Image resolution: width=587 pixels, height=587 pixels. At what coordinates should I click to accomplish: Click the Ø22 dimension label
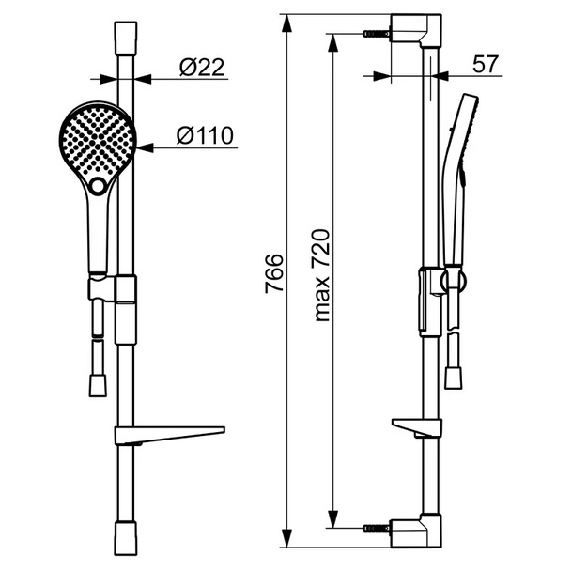202,68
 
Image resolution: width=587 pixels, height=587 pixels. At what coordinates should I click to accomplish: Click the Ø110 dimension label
205,135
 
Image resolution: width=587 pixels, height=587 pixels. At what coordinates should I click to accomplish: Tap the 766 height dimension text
273,273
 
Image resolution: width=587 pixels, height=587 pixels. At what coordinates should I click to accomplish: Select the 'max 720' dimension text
321,275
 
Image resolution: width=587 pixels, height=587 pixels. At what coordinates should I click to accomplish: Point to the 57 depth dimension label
486,64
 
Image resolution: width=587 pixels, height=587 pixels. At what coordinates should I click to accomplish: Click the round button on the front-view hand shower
98,185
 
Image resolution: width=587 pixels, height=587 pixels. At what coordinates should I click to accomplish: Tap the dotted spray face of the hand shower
98,141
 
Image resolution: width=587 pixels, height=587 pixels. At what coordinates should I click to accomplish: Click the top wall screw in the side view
377,34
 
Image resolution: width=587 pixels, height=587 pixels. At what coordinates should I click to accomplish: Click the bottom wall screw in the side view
377,528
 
